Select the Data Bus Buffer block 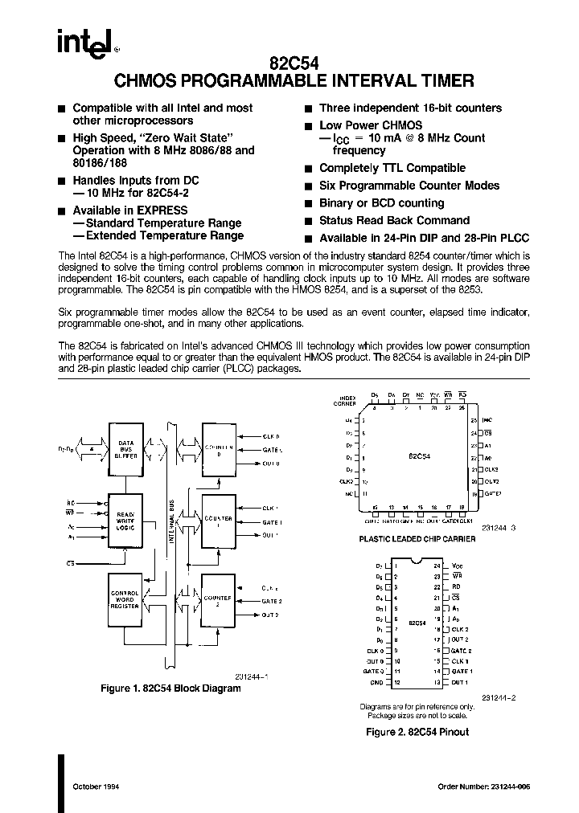click(126, 449)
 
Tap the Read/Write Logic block click(126, 519)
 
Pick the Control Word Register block click(125, 598)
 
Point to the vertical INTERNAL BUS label click(170, 521)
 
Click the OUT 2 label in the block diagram click(269, 615)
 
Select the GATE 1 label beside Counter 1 click(271, 522)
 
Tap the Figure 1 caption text click(170, 688)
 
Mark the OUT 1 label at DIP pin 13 click(459, 681)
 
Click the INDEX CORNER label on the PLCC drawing click(347, 399)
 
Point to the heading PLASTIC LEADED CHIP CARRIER click(417, 539)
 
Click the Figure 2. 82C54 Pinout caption click(417, 732)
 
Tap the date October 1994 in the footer click(96, 786)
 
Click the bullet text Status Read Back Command click(394, 220)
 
